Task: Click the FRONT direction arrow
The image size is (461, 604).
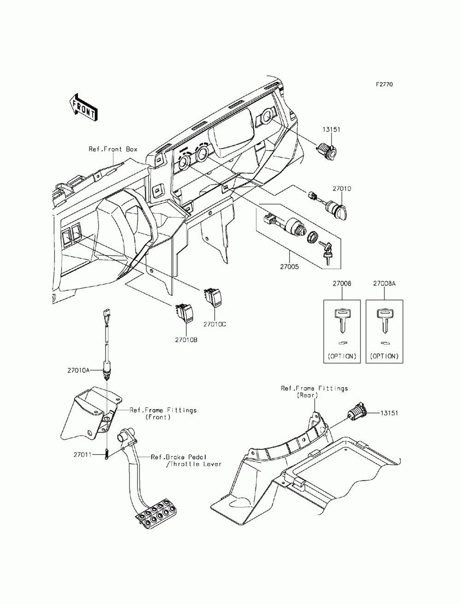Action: click(83, 108)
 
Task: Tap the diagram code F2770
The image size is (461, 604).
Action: click(384, 84)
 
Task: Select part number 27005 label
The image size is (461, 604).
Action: click(290, 267)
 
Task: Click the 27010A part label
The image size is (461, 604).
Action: click(78, 371)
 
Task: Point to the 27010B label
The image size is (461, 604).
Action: click(186, 340)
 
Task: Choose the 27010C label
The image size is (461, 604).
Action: click(214, 324)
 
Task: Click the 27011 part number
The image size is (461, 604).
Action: click(83, 454)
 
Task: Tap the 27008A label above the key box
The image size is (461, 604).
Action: click(384, 284)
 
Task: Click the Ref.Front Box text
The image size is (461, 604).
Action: click(112, 149)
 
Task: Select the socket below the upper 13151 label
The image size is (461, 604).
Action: click(326, 152)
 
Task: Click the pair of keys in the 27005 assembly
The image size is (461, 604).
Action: click(326, 252)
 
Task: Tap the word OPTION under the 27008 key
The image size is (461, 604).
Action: click(342, 356)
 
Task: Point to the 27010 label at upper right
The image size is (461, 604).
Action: click(342, 189)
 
